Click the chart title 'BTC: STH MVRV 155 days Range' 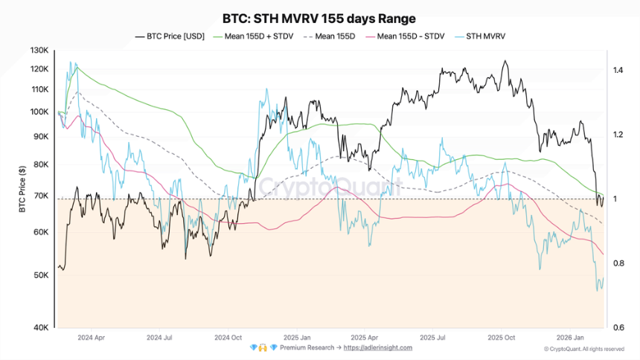[319, 19]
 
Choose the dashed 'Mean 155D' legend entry [337, 36]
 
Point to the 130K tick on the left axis [39, 51]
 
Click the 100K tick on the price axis [39, 112]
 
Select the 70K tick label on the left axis [40, 196]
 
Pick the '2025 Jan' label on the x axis [296, 337]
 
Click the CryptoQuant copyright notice [583, 348]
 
